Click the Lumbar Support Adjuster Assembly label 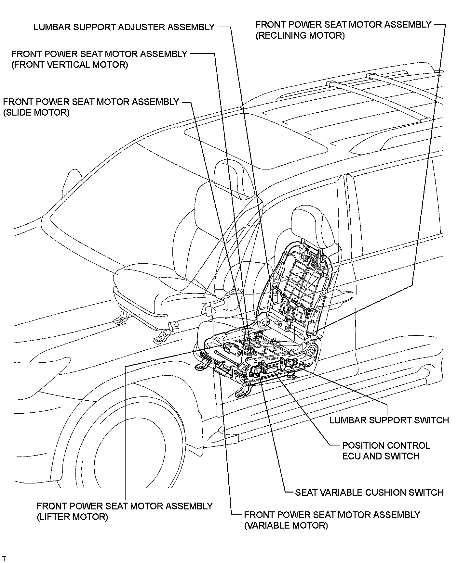(124, 27)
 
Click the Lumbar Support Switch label (389, 420)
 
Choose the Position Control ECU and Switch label (386, 451)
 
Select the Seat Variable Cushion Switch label (369, 493)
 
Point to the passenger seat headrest (232, 177)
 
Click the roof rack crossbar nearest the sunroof (374, 99)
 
